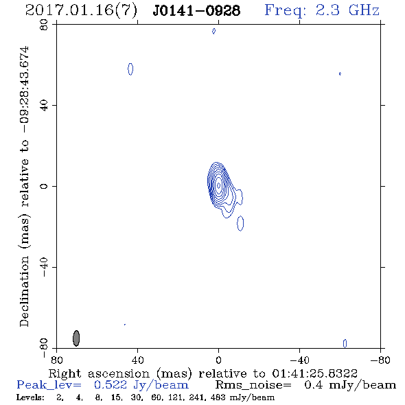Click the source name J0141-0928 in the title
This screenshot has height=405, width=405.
tap(196, 10)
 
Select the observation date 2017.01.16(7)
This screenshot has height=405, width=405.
tap(81, 11)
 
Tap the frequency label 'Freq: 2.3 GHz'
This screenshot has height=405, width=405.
tap(322, 10)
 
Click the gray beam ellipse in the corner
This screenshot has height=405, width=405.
tap(76, 338)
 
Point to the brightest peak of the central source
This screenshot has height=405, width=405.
tap(219, 185)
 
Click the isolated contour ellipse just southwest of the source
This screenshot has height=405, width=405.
tap(240, 223)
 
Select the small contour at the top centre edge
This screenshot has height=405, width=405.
tap(213, 32)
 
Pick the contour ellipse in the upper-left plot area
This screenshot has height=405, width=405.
tap(130, 69)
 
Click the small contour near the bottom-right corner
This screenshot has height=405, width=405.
tap(345, 343)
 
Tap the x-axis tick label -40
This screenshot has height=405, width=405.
tap(299, 360)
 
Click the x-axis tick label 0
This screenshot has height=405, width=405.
tap(218, 360)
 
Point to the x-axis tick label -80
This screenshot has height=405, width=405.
tap(380, 360)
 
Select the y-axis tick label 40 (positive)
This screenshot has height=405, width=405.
tap(44, 106)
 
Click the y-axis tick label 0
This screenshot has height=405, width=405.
tap(44, 186)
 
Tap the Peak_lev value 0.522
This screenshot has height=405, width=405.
tap(111, 385)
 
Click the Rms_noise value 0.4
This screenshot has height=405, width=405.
tap(313, 385)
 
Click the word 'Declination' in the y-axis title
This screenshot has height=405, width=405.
tap(24, 291)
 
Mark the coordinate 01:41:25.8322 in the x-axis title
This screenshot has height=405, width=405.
tap(314, 373)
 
